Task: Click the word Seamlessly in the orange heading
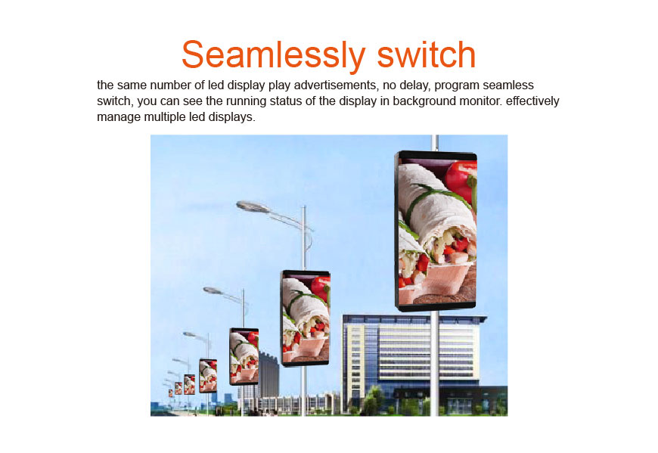(x=274, y=56)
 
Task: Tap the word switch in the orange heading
(x=427, y=54)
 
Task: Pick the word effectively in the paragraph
(x=532, y=102)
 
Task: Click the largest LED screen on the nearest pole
(x=436, y=231)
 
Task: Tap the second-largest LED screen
(x=306, y=318)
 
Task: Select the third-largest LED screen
(x=244, y=356)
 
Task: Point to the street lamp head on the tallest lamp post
(x=253, y=206)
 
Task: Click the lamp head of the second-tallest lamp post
(x=213, y=290)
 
